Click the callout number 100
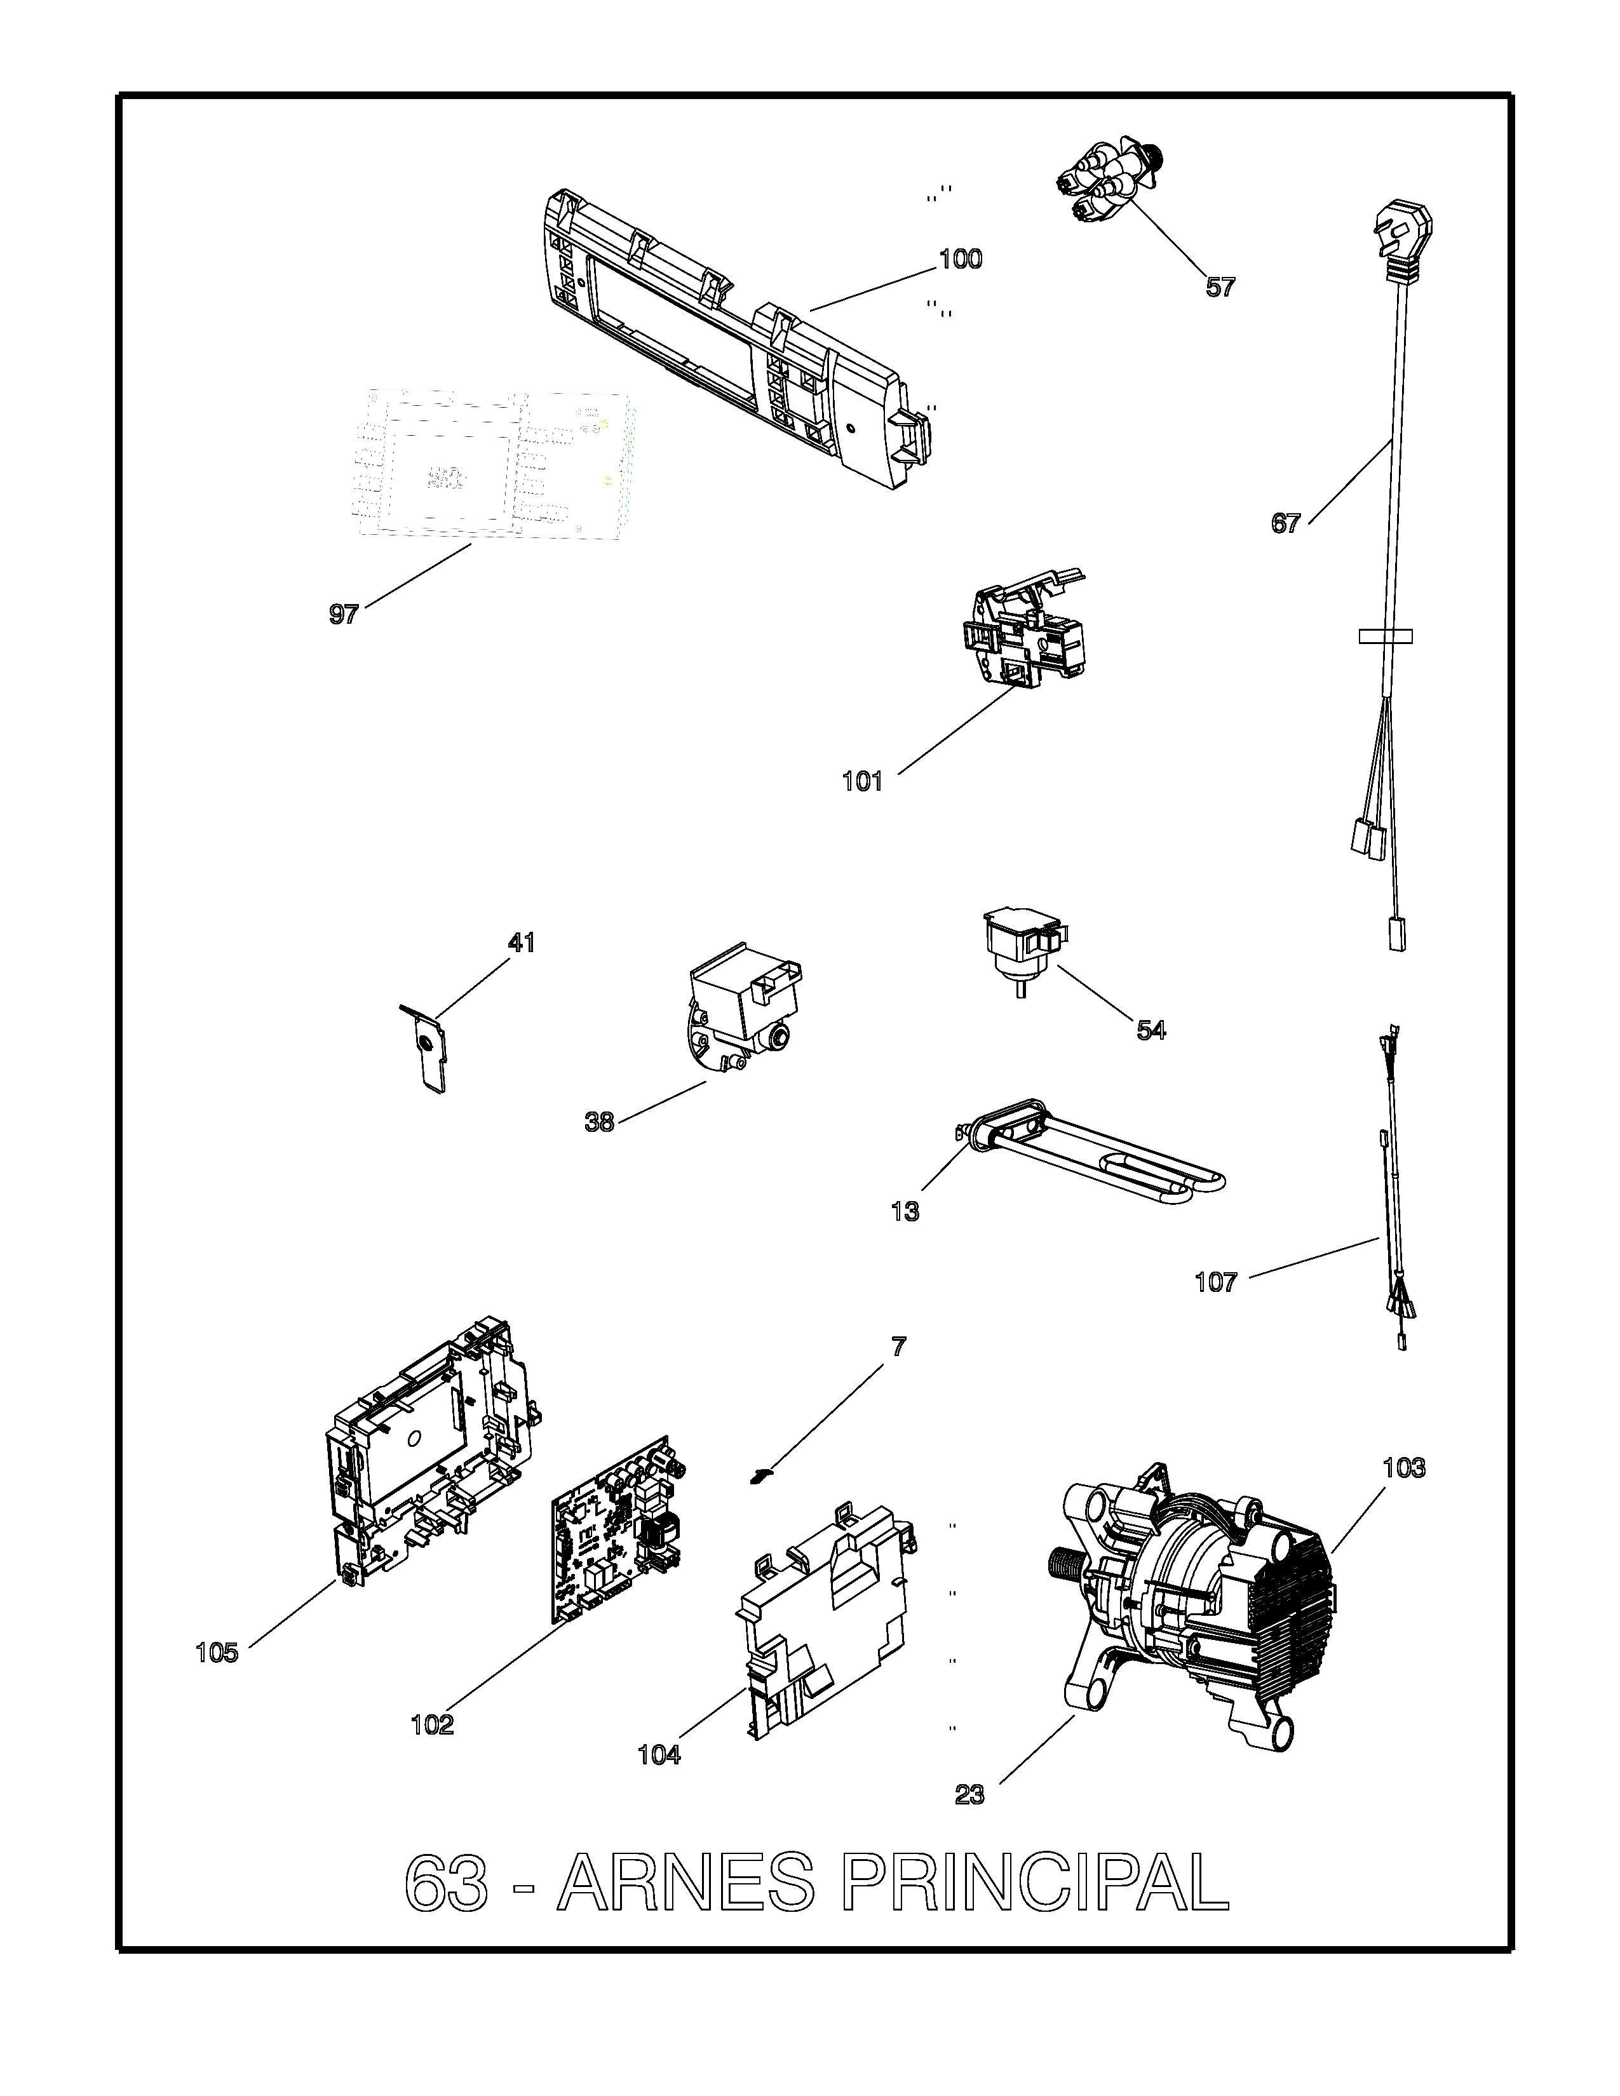[x=961, y=259]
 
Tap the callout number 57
[x=1221, y=287]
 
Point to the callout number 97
[x=344, y=614]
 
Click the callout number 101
[x=862, y=781]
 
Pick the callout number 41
[x=521, y=943]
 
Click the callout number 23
[x=970, y=1795]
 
